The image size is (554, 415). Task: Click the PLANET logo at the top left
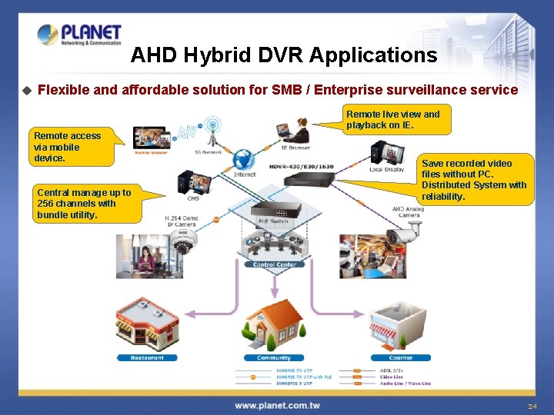tap(79, 35)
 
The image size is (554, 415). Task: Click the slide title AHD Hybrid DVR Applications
tap(283, 55)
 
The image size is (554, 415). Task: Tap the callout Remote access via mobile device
tap(68, 147)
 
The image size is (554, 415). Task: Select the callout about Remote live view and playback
tap(397, 119)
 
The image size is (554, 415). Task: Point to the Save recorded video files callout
tap(475, 180)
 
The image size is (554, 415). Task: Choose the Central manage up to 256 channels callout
tap(85, 204)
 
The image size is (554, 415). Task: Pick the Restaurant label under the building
tap(147, 357)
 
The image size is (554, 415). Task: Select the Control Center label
tap(275, 264)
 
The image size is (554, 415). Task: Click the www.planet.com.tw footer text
tap(277, 405)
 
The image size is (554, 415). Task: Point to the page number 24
tap(532, 405)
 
